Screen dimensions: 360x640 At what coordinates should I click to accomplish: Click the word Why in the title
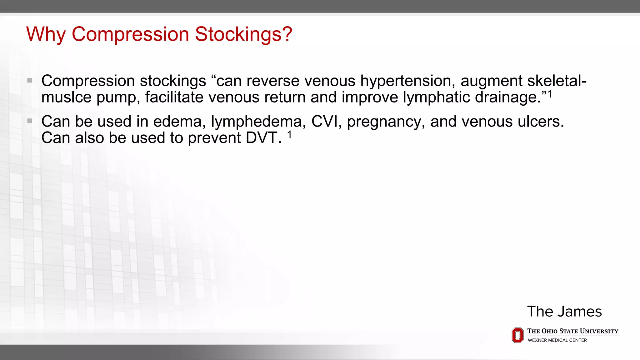[46, 34]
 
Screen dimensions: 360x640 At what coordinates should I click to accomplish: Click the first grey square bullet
[30, 80]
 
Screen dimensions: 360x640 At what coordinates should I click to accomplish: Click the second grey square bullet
[30, 121]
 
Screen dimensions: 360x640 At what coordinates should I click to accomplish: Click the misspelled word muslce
[67, 97]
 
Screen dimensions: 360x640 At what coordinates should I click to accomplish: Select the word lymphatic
[436, 97]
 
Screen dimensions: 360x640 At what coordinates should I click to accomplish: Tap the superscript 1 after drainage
[549, 94]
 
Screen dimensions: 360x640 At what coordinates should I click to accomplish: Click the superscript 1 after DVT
[289, 134]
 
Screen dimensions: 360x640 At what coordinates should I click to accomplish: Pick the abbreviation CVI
[325, 121]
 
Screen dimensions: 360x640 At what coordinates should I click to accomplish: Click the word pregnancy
[386, 122]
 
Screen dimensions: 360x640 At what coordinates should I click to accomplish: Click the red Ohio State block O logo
[517, 335]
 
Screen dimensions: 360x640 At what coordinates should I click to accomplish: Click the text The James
[564, 311]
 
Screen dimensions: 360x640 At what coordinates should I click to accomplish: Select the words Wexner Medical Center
[557, 340]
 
